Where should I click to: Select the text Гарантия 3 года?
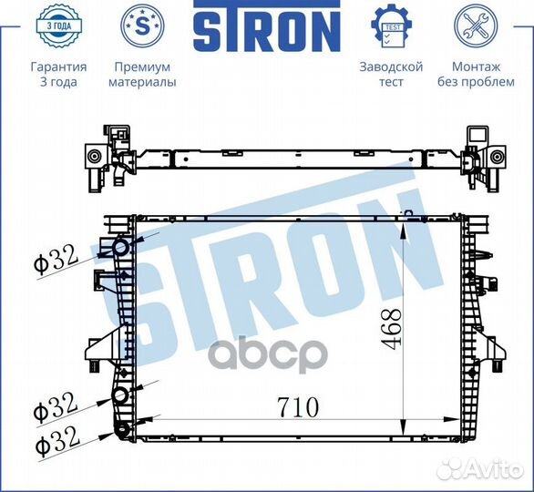point(58,74)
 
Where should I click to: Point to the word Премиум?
point(142,67)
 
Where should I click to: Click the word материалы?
point(142,82)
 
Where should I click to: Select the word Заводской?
point(391,67)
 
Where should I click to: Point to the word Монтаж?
point(476,67)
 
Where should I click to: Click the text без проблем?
point(476,82)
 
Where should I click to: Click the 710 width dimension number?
point(293,407)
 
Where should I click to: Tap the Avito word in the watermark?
point(496,468)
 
